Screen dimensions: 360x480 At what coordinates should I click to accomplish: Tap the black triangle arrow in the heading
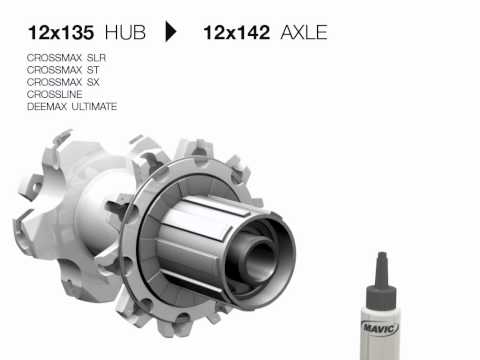pos(171,32)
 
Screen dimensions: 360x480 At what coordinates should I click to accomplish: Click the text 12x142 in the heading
pos(238,32)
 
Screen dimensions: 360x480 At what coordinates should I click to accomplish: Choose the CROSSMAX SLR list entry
pos(67,58)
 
